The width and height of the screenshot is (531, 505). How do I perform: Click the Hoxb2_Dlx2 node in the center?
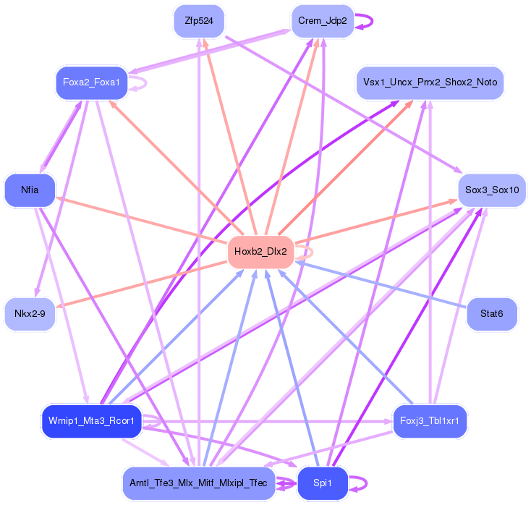[260, 252]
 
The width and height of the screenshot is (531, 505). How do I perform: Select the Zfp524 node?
[199, 21]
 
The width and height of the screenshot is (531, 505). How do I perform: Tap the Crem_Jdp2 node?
[322, 21]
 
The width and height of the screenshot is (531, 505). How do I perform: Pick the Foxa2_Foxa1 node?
[91, 82]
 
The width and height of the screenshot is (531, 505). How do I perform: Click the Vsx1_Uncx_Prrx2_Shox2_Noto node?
[430, 82]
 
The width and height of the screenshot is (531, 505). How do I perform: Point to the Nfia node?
[30, 190]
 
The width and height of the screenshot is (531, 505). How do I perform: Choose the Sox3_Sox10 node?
[491, 190]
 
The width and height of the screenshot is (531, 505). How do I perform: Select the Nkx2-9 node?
[30, 314]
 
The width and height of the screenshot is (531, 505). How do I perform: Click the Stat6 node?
[491, 314]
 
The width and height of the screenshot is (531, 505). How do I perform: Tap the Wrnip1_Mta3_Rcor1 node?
[91, 421]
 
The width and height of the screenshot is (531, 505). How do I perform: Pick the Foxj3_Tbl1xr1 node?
[430, 421]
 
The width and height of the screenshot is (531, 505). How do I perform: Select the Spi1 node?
[322, 483]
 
